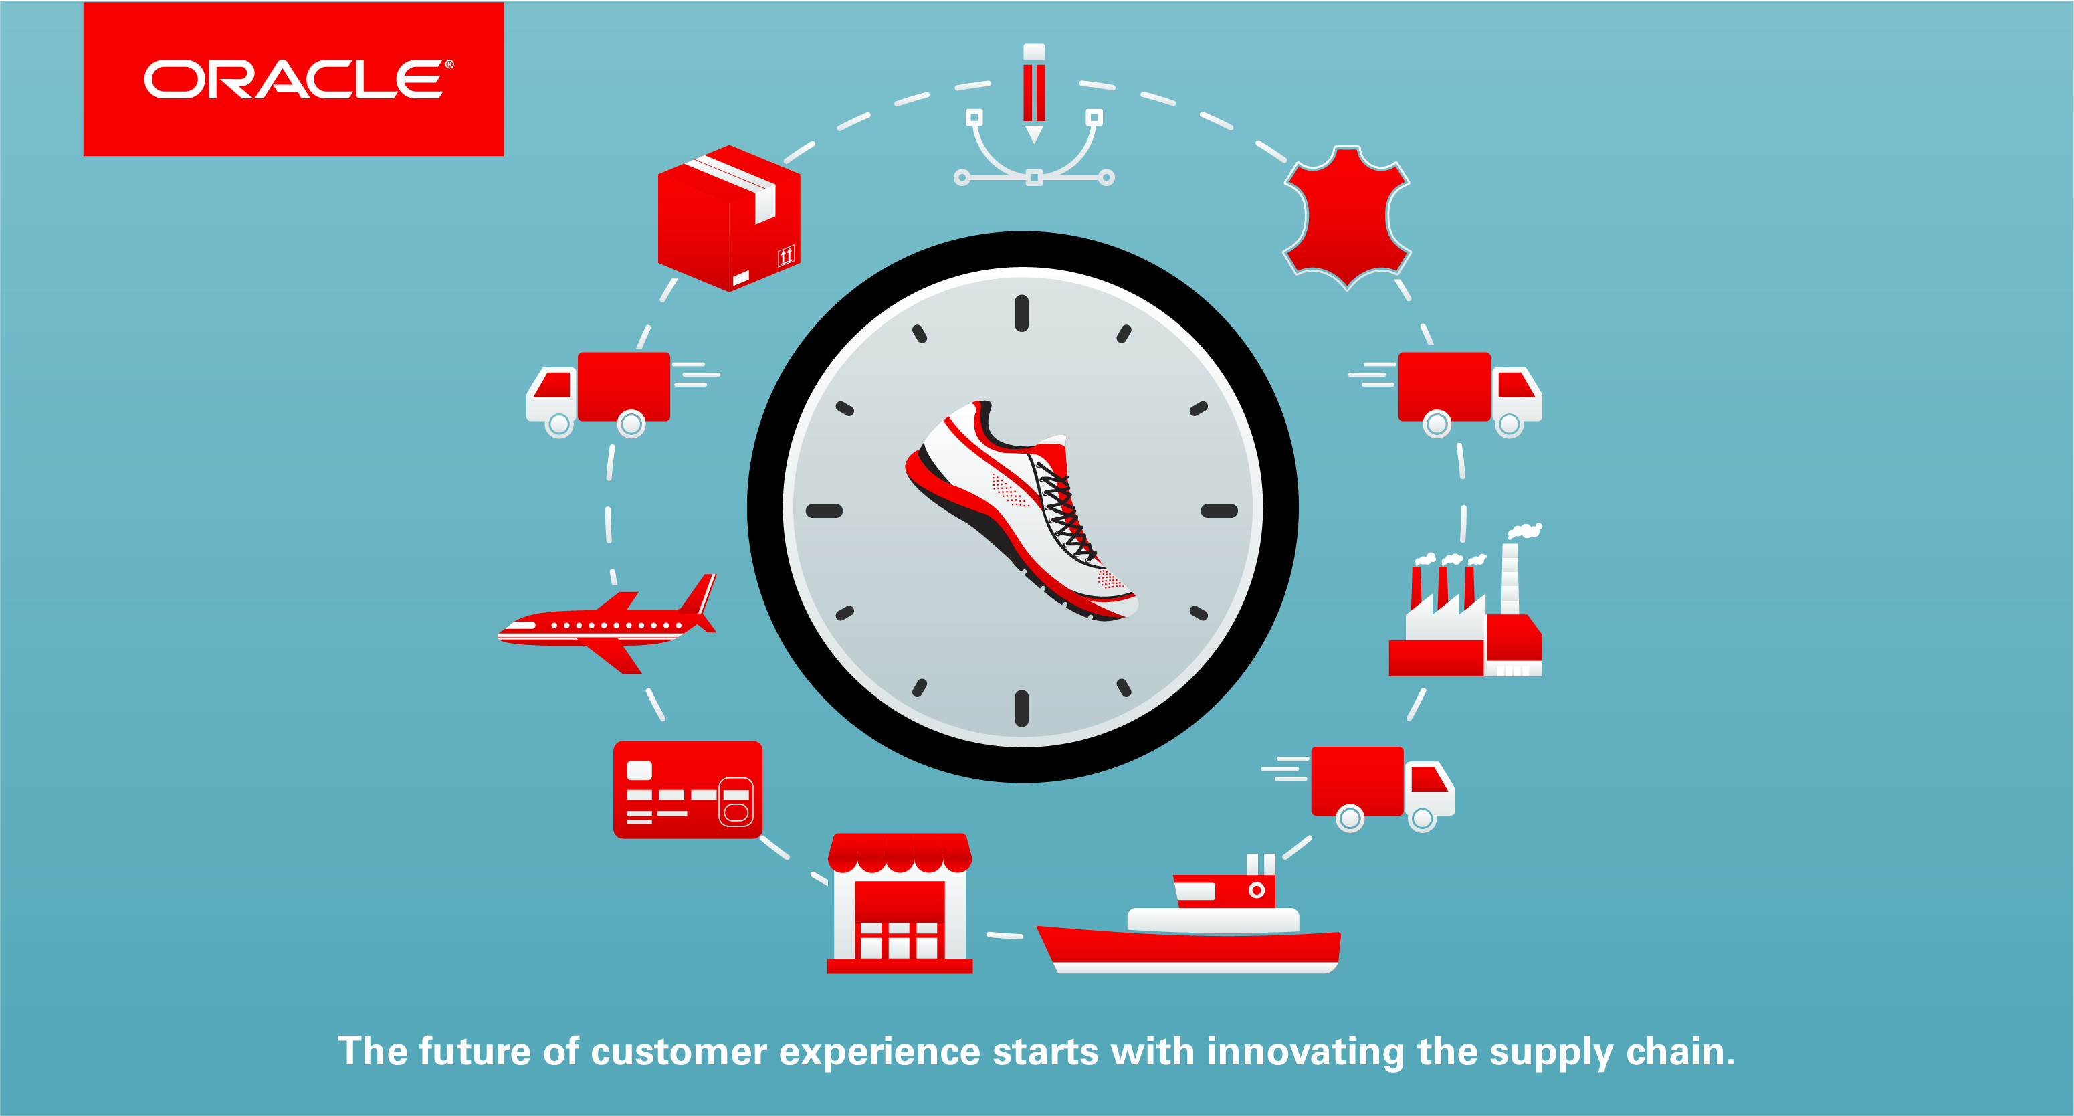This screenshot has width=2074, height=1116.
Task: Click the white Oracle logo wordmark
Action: point(298,79)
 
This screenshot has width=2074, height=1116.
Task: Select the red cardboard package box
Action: point(728,218)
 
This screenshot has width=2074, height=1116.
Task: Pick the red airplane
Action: point(607,624)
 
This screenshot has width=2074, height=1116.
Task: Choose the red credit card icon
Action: point(688,790)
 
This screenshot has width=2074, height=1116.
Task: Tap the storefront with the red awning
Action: point(900,903)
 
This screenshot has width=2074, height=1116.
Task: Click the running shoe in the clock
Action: point(1021,510)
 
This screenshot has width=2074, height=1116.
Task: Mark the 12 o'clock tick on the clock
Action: point(1022,313)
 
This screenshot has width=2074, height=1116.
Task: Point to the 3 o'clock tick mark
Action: point(1219,510)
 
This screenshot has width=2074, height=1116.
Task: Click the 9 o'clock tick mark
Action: point(825,510)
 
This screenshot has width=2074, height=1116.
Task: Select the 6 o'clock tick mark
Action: point(1022,709)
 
